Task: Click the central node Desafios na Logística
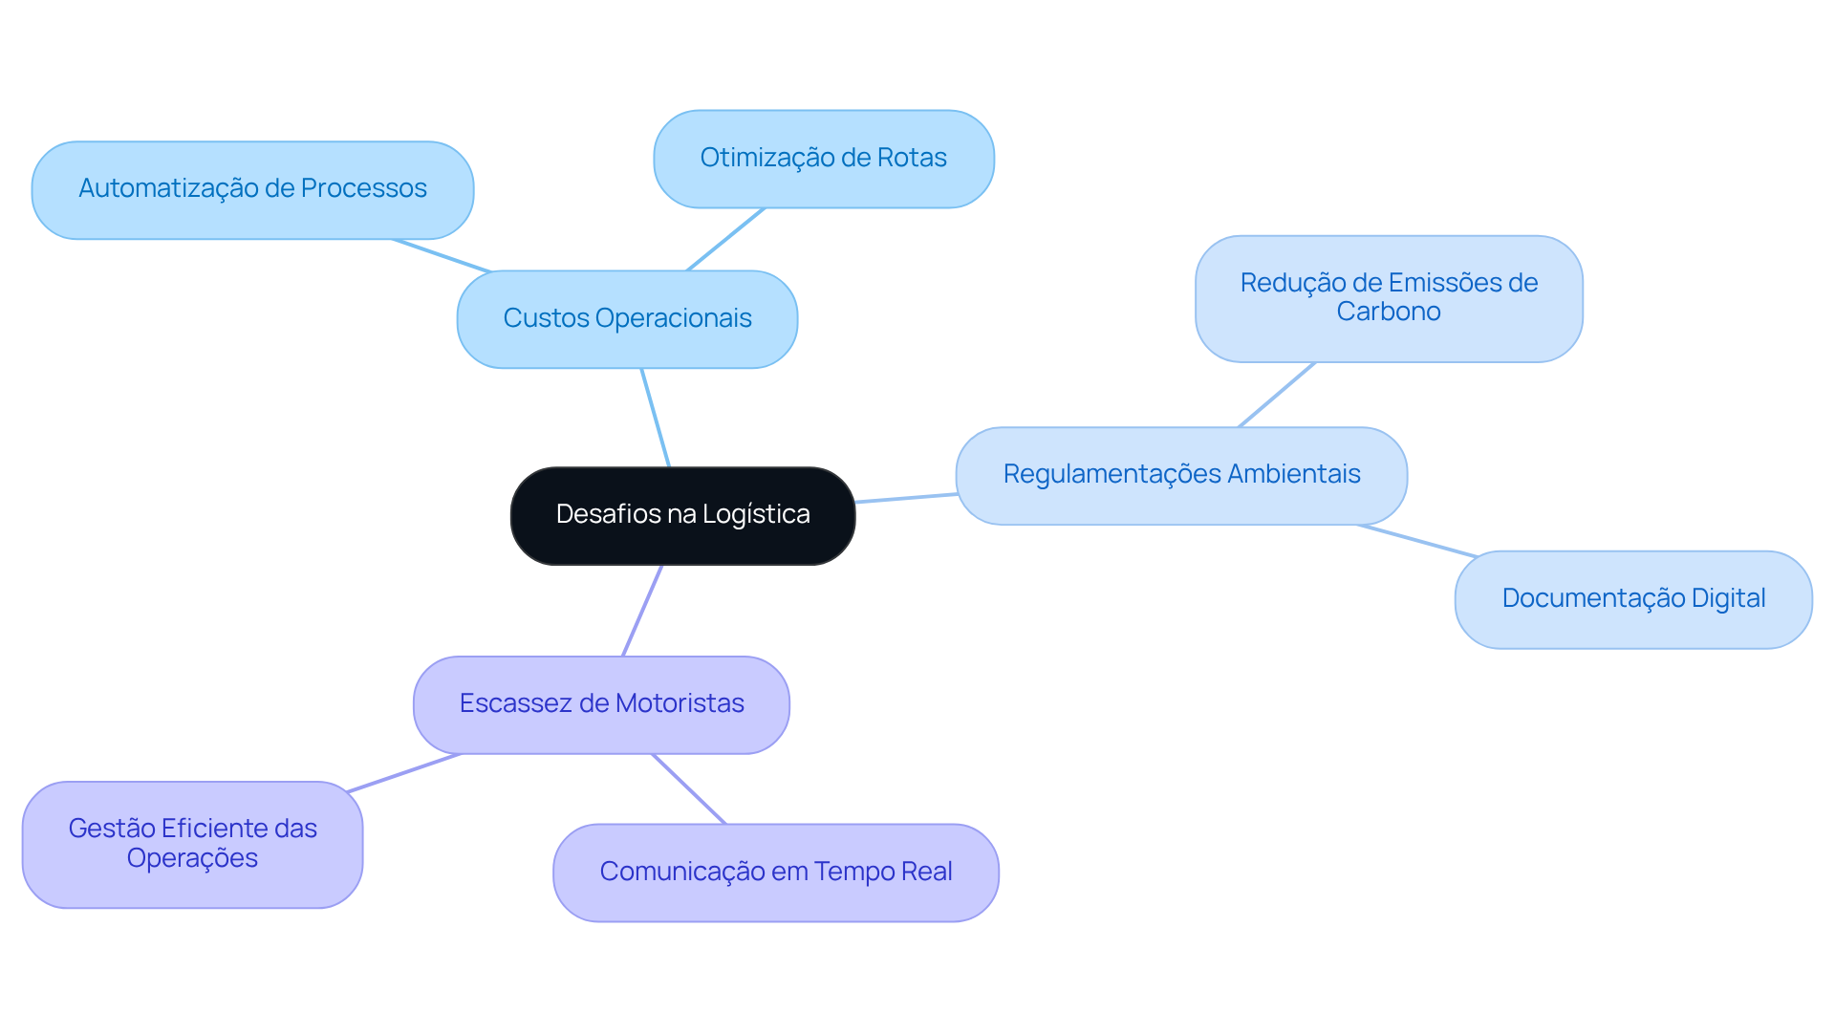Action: click(682, 515)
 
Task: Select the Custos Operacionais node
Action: click(627, 319)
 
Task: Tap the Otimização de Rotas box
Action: click(823, 159)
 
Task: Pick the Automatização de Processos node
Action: click(252, 189)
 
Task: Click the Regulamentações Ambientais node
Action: click(1181, 475)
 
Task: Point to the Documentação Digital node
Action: click(1632, 599)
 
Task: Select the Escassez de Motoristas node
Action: click(601, 704)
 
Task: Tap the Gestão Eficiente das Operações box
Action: click(192, 844)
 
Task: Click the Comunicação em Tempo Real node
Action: click(775, 873)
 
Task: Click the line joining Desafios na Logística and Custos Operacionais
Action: click(656, 418)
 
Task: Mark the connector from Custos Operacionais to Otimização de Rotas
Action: click(726, 239)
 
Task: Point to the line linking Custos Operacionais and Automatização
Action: click(442, 256)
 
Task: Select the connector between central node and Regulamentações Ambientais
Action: click(906, 498)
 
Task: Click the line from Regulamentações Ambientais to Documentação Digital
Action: click(1418, 541)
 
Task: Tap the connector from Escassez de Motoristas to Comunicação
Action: click(689, 789)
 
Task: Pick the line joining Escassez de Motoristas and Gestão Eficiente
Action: click(404, 773)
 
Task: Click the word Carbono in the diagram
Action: click(1388, 313)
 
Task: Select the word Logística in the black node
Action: click(756, 515)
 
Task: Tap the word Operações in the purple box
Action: click(192, 858)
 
